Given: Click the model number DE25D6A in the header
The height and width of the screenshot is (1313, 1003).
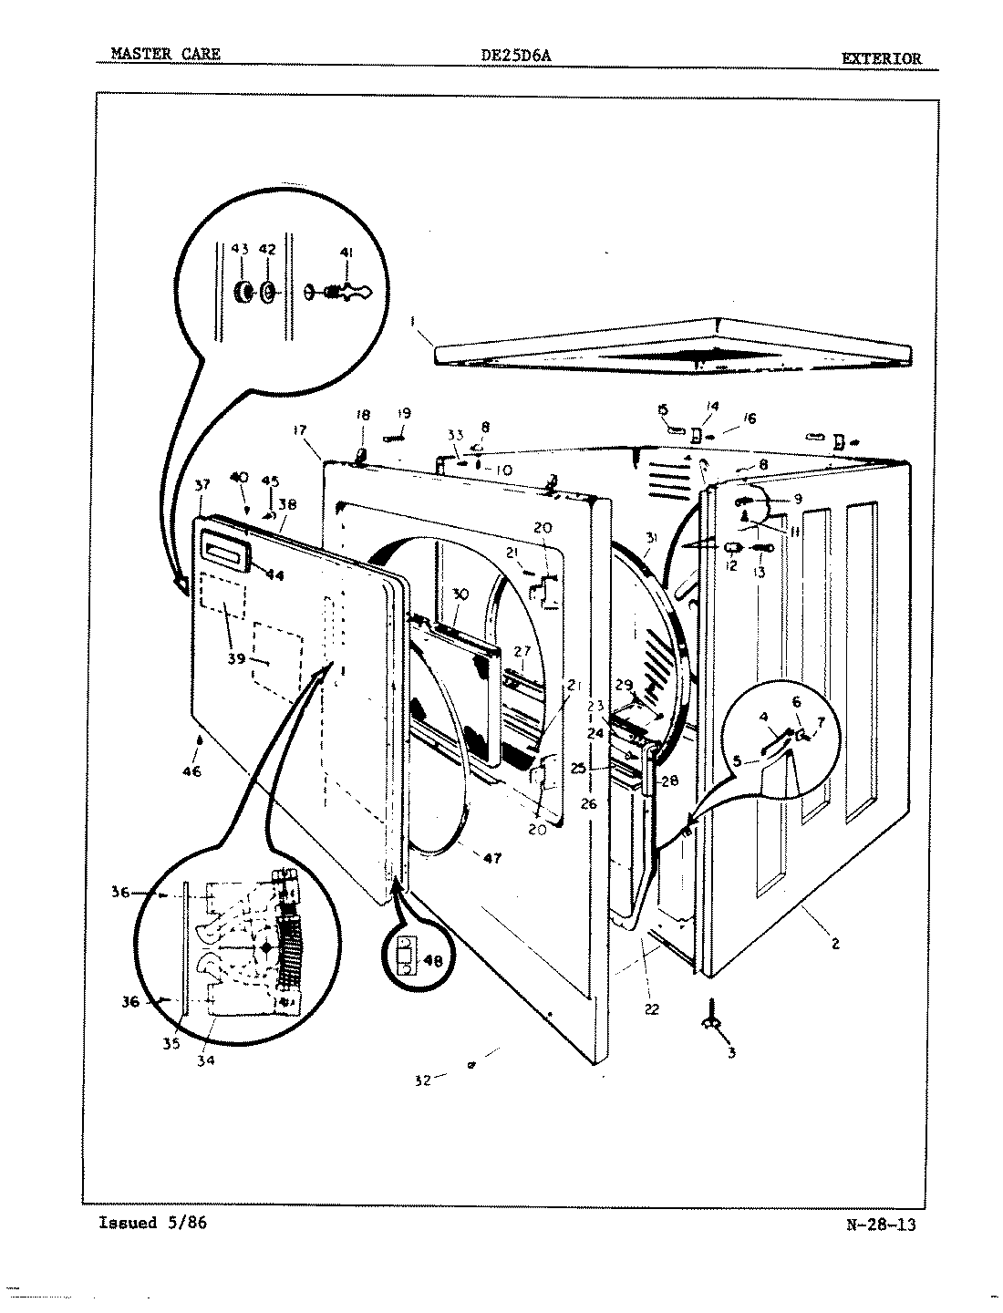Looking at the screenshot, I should pos(515,56).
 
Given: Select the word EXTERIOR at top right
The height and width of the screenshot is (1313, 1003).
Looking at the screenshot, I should pos(881,58).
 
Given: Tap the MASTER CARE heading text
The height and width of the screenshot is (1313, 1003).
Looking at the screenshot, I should pos(165,55).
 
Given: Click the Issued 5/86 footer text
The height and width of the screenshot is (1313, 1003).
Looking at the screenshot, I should pos(152,1223).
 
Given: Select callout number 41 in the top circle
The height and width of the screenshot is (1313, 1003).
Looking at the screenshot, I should pos(346,252).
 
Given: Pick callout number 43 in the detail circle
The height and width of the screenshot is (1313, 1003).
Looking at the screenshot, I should pos(239,250).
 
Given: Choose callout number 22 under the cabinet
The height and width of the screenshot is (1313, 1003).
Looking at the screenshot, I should pos(651,1009).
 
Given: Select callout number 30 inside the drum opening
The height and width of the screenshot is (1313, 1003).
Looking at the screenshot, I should pos(460,594).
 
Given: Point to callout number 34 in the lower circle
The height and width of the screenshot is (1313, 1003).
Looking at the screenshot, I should pos(206,1060).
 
